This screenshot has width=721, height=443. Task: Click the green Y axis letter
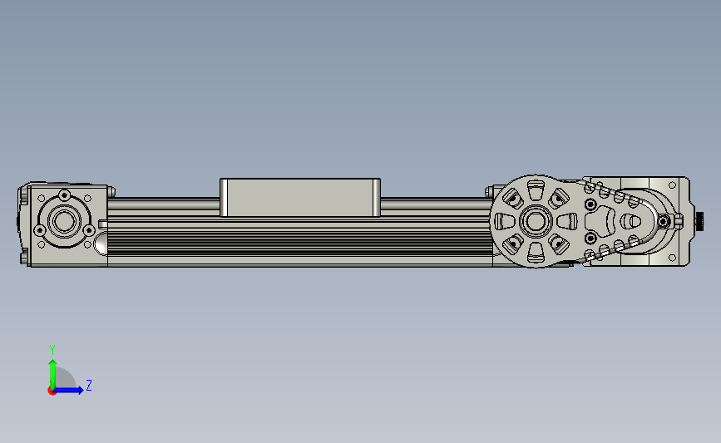52,350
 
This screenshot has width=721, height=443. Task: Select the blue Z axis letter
89,385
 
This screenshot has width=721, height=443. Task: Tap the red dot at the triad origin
52,391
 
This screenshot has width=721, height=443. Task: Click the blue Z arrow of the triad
68,390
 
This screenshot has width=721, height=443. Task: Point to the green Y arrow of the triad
53,374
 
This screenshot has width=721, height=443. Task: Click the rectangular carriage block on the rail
300,197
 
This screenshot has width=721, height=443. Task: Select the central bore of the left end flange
64,220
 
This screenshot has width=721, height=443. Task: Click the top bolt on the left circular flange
65,194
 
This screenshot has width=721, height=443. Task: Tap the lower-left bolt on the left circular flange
40,229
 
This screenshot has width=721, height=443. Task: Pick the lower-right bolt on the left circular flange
89,229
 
